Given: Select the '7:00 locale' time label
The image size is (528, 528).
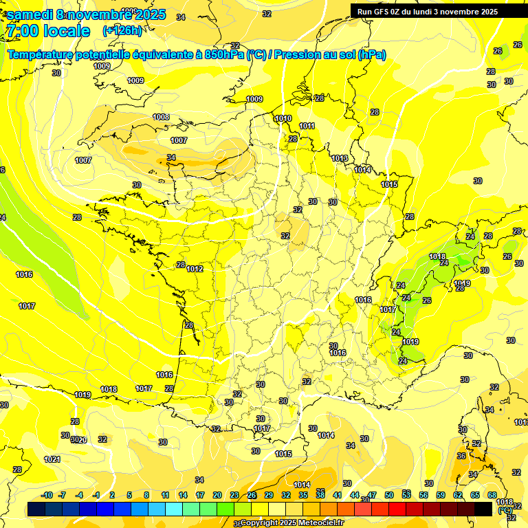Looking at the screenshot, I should (x=47, y=30).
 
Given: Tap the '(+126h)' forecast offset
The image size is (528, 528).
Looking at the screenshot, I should (x=122, y=30).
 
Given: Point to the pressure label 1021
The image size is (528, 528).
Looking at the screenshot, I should (x=52, y=459).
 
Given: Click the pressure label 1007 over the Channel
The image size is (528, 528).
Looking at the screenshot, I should (x=179, y=140).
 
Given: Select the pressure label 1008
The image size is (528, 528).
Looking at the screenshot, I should (x=161, y=117).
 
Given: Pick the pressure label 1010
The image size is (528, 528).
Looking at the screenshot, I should (x=283, y=118).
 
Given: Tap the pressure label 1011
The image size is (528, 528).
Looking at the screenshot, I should (x=307, y=126).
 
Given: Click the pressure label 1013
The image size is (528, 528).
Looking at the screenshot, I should (x=340, y=158).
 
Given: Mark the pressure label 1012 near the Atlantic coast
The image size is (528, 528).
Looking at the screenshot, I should (x=195, y=269).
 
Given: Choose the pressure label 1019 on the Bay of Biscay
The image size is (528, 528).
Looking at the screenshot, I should (x=82, y=395).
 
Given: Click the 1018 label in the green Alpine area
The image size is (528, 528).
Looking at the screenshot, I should (x=437, y=256).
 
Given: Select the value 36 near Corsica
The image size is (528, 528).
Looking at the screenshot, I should (x=461, y=456).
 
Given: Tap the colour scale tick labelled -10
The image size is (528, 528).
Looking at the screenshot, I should (x=47, y=495).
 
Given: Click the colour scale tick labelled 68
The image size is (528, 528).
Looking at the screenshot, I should (x=492, y=495).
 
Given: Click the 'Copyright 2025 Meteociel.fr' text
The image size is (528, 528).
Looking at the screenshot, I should (x=292, y=523).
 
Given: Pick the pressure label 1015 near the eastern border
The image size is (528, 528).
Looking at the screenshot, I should (x=389, y=184).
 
